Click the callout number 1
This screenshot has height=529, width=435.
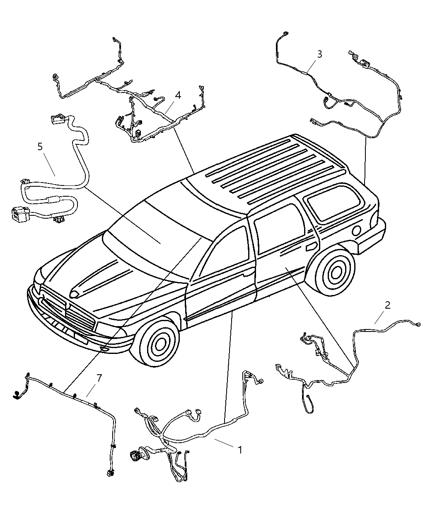click(239, 449)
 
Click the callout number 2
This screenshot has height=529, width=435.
click(387, 305)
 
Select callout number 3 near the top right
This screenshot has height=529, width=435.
click(319, 54)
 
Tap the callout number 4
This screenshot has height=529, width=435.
click(178, 95)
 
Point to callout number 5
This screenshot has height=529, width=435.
click(40, 146)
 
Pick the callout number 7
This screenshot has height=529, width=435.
click(99, 378)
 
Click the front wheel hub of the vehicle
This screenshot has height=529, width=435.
click(158, 343)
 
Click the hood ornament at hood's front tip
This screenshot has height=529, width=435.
click(75, 294)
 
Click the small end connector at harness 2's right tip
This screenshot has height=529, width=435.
click(418, 324)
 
